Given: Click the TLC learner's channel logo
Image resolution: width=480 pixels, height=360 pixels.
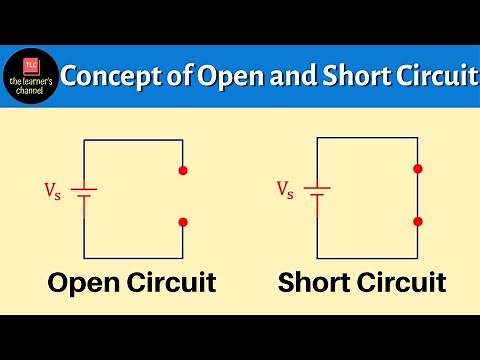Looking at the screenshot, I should coord(31,76).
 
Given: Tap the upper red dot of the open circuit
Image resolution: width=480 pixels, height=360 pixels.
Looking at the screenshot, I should coord(182,171).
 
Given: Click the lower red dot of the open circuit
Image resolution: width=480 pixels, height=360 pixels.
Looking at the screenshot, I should coord(182,221).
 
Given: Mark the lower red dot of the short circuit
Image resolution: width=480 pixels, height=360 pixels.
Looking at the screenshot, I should coord(417,221).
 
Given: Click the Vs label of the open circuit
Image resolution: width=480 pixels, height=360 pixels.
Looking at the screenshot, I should coord(51,188).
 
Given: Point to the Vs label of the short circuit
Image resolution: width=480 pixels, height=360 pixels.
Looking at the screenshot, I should coord(285,188).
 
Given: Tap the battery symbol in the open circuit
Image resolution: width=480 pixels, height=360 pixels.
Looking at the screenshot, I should coord(84,195).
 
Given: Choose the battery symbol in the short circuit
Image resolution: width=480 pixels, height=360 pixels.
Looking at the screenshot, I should coord(318,195).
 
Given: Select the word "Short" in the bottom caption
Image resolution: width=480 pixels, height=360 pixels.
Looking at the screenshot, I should coord(317,283).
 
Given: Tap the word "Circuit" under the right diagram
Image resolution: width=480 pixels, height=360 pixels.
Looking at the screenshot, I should coord(403,283).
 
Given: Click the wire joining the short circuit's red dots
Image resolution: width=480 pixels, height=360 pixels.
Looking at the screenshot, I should coord(417,196).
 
